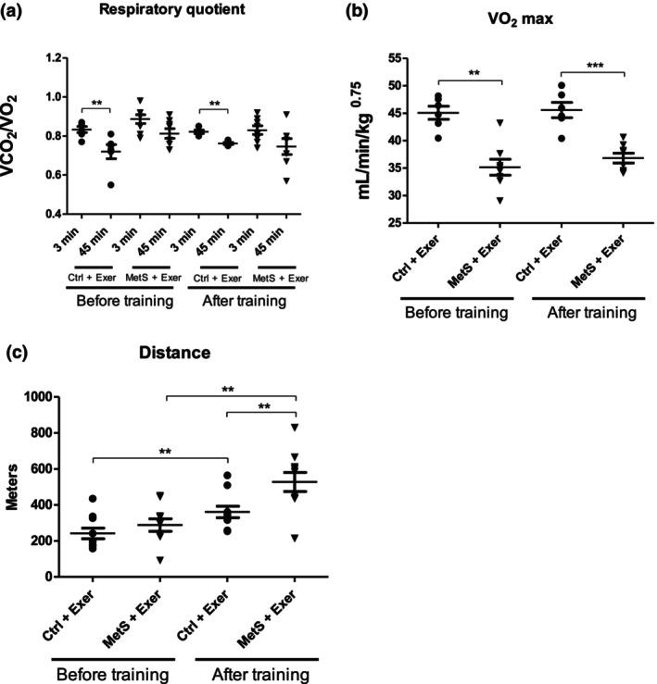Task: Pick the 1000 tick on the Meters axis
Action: (x=35, y=397)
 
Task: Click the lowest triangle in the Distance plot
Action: (x=295, y=538)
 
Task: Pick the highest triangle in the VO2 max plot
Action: (x=500, y=122)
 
